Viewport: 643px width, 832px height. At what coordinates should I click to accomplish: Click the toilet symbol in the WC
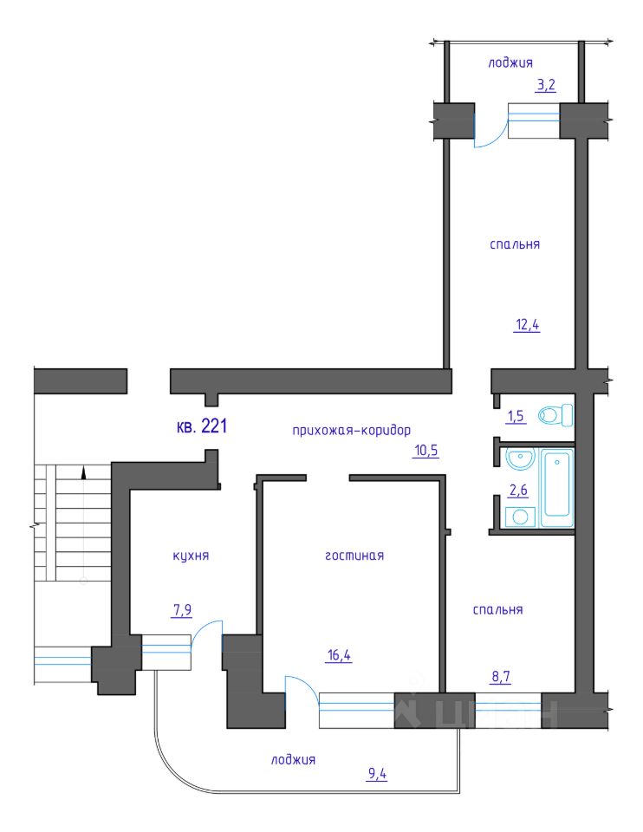point(555,415)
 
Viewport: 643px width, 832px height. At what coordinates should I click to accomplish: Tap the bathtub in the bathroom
point(557,488)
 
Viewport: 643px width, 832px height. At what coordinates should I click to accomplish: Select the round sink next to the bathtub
point(521,459)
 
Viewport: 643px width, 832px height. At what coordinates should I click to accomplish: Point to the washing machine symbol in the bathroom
point(521,517)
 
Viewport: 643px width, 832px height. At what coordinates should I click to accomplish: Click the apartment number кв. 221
point(202,426)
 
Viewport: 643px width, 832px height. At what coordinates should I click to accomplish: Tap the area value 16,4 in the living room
point(340,655)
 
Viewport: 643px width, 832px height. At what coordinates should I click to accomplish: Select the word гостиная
point(354,556)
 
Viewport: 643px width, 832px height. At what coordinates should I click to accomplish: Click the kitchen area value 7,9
point(182,610)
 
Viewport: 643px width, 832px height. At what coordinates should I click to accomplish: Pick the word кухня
point(191,556)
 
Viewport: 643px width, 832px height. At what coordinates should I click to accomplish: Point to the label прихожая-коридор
point(352,430)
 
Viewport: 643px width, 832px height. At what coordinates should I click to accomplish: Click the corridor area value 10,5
point(426,451)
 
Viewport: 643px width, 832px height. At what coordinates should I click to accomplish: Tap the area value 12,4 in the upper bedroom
point(528,324)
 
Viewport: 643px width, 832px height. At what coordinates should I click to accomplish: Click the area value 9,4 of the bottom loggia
point(377,774)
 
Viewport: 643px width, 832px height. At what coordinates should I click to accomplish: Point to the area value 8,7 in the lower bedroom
point(502,677)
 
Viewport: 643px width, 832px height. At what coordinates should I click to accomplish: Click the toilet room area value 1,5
point(516,416)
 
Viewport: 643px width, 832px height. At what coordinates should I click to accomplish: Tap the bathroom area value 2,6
point(518,490)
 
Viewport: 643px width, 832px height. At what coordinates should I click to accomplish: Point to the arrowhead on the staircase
point(83,472)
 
